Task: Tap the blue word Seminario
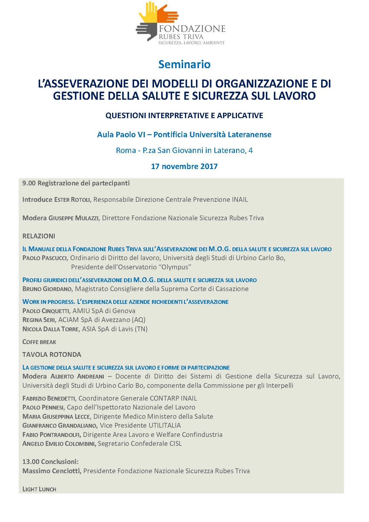tap(184, 64)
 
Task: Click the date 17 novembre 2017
tap(184, 166)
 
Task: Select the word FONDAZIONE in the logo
tap(192, 29)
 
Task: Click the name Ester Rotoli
tap(72, 200)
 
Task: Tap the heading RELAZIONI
tap(39, 236)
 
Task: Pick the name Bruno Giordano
tap(47, 289)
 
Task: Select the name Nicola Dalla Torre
tap(51, 329)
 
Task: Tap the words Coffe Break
tap(39, 342)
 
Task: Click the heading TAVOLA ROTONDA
tap(52, 354)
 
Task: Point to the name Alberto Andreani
tap(77, 376)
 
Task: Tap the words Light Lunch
tap(39, 489)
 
